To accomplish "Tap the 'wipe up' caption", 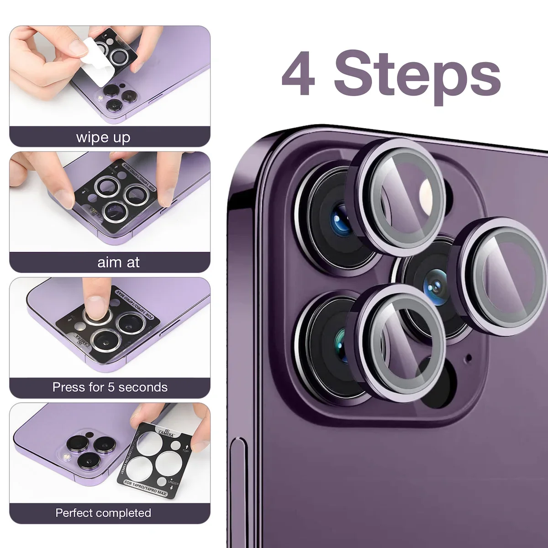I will pos(103,137).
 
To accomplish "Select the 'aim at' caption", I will pos(118,262).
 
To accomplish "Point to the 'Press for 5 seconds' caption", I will pos(110,387).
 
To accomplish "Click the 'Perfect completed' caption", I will pos(103,513).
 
